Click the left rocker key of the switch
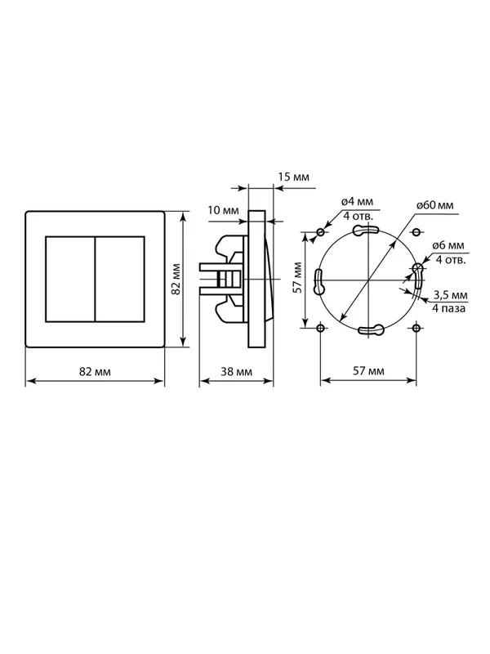tap(70, 279)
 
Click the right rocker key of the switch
tap(120, 279)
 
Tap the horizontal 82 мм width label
tap(95, 371)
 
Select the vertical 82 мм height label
tap(176, 279)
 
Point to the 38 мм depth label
tap(236, 371)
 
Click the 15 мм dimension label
tap(294, 177)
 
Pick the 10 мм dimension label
tap(223, 210)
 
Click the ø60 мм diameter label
tap(434, 205)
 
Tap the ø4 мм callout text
tap(357, 202)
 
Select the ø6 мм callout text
tap(448, 246)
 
